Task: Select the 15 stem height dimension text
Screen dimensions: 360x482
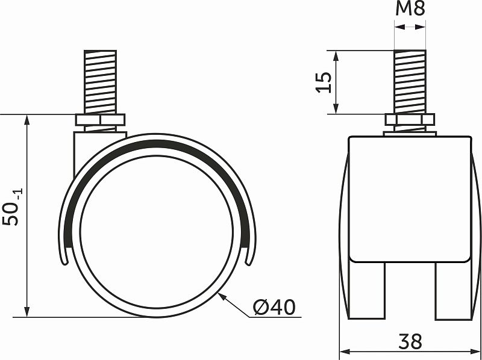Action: pyautogui.click(x=324, y=82)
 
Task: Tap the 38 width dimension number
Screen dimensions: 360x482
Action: pyautogui.click(x=410, y=341)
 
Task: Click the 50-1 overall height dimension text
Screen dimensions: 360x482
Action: pyautogui.click(x=13, y=208)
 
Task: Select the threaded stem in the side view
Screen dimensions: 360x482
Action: pyautogui.click(x=100, y=82)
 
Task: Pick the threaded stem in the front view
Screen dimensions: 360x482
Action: pyautogui.click(x=410, y=82)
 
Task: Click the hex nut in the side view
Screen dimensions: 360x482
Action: pyautogui.click(x=100, y=120)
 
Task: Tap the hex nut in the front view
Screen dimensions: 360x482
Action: pyautogui.click(x=410, y=120)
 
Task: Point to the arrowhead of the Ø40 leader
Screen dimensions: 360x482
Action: pyautogui.click(x=222, y=294)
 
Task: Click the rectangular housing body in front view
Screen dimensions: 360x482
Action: pyautogui.click(x=410, y=199)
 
